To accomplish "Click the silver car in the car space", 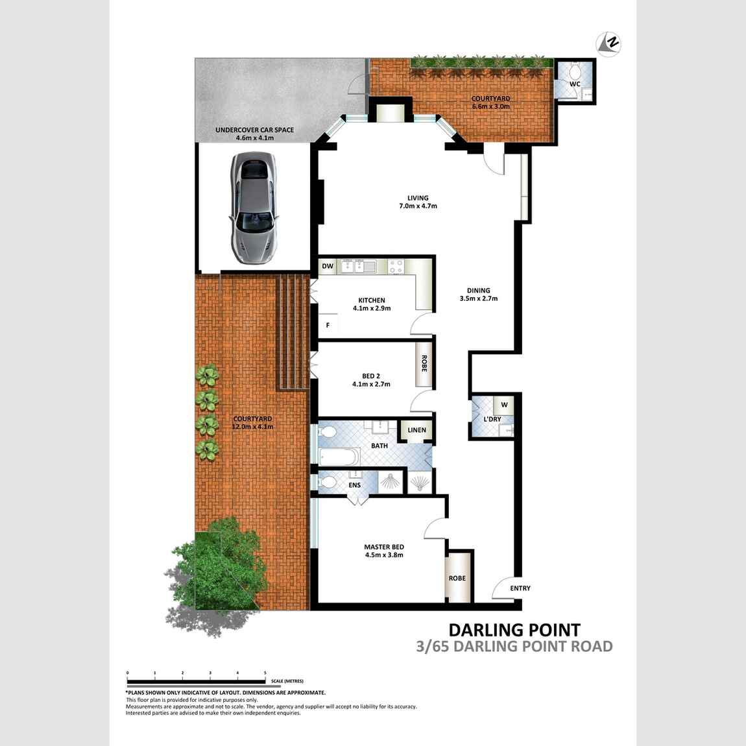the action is (254, 208).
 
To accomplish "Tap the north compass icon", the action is (608, 43).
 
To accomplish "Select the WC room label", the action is (575, 84).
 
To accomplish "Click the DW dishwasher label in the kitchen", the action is (328, 266).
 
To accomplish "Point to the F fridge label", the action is (328, 326).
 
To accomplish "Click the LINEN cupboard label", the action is (416, 430).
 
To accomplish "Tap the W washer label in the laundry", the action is (504, 405).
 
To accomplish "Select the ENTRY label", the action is (520, 588).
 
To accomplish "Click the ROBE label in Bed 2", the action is (424, 363).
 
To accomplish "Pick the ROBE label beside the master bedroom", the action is (457, 578).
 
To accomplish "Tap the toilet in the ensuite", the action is (326, 483).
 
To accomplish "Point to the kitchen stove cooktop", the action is (396, 267).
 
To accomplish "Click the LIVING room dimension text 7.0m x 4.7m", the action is (418, 206).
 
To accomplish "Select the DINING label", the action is (479, 290).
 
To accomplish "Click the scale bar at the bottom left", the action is (196, 682).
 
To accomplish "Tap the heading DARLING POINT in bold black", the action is (515, 630).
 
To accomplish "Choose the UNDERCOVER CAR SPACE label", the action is (254, 130).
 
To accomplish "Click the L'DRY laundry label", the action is (492, 419).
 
